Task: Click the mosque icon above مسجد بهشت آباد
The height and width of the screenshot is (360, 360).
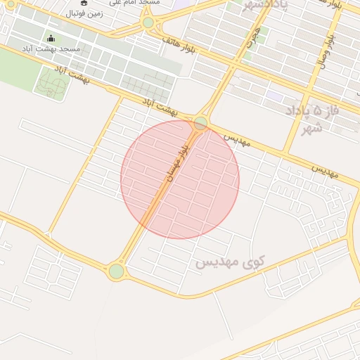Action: (x=51, y=38)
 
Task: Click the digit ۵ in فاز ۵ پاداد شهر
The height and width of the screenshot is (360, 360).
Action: (x=318, y=111)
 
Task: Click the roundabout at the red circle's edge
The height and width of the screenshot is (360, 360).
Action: (x=201, y=123)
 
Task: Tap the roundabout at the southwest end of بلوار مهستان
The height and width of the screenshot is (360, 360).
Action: (x=116, y=271)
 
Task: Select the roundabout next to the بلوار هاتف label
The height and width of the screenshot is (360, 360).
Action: (x=148, y=22)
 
